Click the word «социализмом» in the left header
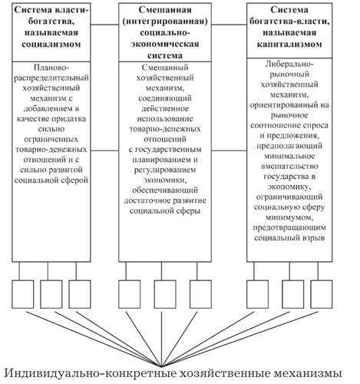click(x=51, y=44)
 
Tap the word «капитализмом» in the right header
click(x=289, y=44)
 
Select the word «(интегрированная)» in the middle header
click(x=165, y=22)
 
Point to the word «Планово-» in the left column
click(x=51, y=68)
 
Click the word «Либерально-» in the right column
click(x=289, y=64)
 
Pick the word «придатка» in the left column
click(x=69, y=119)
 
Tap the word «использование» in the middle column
click(x=165, y=119)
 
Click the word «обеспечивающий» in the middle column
click(x=165, y=190)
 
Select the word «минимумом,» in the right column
click(x=289, y=217)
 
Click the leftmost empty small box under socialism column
click(x=23, y=294)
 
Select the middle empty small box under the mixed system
click(x=165, y=294)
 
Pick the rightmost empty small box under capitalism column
click(x=322, y=294)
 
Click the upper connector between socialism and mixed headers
click(x=104, y=25)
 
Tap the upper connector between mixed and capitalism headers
click(x=229, y=25)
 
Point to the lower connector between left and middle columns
click(x=104, y=151)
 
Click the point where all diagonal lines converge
click(x=161, y=366)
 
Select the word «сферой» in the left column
click(x=75, y=180)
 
